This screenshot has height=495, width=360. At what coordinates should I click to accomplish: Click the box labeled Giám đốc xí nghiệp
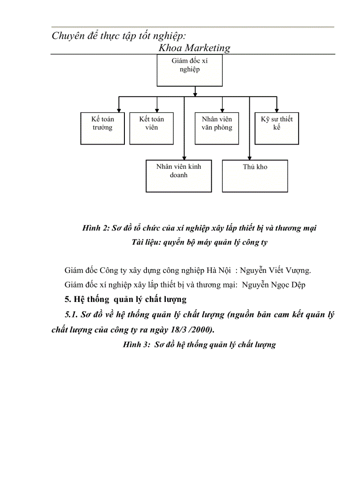tap(189, 70)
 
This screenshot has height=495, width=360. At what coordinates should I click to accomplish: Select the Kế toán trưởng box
tap(102, 128)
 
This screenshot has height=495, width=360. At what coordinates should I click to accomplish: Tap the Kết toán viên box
tap(152, 128)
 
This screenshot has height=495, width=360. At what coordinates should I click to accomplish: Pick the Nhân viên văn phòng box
tap(217, 128)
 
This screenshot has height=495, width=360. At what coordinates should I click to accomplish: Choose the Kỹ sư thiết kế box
tap(277, 128)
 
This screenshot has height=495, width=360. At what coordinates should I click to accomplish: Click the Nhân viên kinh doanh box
tap(179, 176)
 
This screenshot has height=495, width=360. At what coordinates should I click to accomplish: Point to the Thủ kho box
tap(255, 176)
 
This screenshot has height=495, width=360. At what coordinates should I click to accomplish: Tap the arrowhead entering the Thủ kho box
tap(250, 157)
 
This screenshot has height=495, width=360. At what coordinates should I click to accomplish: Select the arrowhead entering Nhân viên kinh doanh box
tap(184, 157)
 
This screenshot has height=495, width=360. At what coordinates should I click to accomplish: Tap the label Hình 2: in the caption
tap(95, 228)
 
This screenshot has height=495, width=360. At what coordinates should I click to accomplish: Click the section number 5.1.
tap(72, 315)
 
